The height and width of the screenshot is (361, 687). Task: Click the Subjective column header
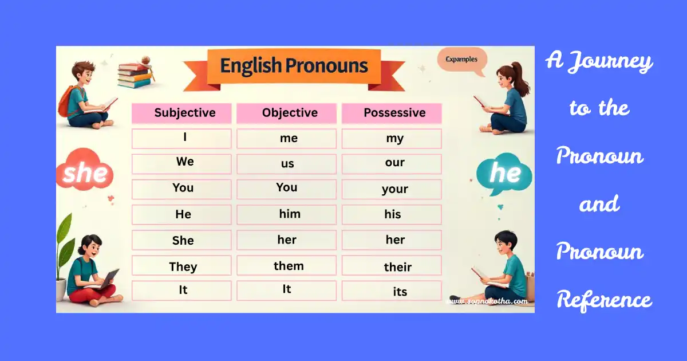181,113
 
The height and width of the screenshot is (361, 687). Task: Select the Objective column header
286,113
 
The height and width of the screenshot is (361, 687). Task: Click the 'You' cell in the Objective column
286,189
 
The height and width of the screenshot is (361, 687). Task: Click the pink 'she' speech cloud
85,171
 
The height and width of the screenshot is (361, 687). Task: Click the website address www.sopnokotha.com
488,300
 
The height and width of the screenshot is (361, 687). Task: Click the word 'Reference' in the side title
604,300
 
